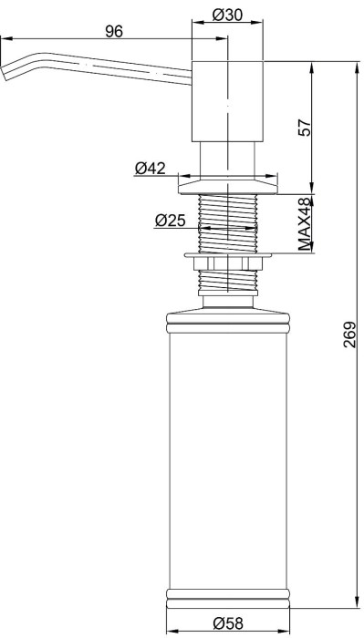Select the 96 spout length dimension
point(114,32)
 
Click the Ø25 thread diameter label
point(172,220)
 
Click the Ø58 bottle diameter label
point(227,623)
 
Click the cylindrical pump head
point(227,100)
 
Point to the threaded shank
point(227,223)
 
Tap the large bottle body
point(227,456)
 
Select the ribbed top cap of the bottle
point(227,321)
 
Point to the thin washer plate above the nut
point(227,255)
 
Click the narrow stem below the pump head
point(227,157)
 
